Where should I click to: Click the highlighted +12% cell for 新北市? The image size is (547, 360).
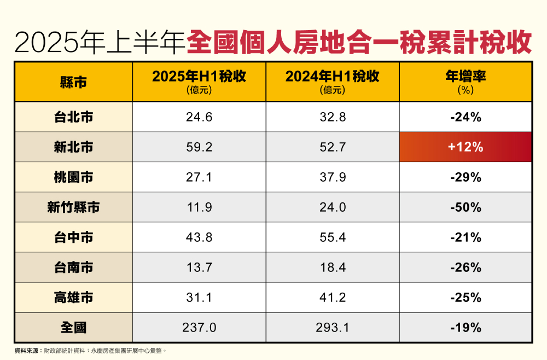coord(465,147)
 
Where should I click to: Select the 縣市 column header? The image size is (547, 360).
coord(73,82)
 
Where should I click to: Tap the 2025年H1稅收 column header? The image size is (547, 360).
coord(199,82)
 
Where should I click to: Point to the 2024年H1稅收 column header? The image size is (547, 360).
coord(332,82)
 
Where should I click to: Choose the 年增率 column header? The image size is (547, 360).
coord(465,82)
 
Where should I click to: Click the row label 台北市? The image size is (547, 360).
coord(73,117)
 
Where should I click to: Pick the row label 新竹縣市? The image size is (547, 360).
coord(73,207)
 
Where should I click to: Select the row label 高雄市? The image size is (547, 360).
coord(73,298)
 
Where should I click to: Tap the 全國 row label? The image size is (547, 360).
coord(73,328)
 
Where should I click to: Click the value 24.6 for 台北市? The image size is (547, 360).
coord(199,117)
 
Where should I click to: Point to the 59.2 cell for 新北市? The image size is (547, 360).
coord(199,147)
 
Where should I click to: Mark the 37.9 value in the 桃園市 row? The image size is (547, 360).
coord(332,177)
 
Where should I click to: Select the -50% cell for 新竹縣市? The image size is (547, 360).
coord(465,207)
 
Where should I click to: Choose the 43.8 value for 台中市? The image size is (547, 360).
coord(199,237)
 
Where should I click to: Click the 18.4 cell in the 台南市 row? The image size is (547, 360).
coord(332,268)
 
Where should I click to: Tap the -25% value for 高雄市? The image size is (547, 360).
coord(465,298)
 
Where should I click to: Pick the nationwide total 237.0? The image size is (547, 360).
coord(199,328)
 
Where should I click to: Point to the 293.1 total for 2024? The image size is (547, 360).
coord(332,328)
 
